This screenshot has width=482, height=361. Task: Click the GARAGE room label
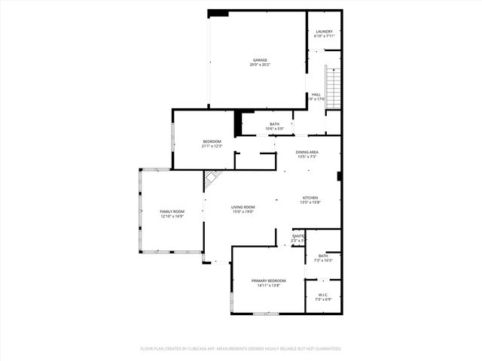click(x=260, y=60)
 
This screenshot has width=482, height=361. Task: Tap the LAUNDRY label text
click(x=324, y=32)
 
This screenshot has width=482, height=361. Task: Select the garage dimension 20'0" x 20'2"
click(x=260, y=65)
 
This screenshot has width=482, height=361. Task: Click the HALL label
click(x=316, y=94)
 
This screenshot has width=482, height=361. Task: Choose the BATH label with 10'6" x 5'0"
click(x=275, y=124)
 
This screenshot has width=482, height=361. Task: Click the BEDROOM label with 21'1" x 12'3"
click(x=212, y=141)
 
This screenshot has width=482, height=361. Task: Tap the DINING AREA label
click(x=307, y=153)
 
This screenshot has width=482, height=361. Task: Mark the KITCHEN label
click(x=310, y=198)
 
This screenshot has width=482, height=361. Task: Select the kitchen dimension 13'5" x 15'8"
click(x=310, y=202)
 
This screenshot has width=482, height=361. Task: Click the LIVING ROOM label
click(x=243, y=208)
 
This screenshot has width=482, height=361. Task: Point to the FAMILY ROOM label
click(x=172, y=212)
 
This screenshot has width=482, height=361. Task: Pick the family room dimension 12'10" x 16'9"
click(x=172, y=217)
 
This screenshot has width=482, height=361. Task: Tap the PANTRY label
click(x=298, y=236)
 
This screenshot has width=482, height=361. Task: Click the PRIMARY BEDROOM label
click(x=269, y=281)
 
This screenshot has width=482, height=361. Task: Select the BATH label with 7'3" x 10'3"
click(x=323, y=256)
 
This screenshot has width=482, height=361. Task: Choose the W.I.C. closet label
click(x=322, y=294)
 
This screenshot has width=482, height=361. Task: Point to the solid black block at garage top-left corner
click(x=218, y=13)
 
